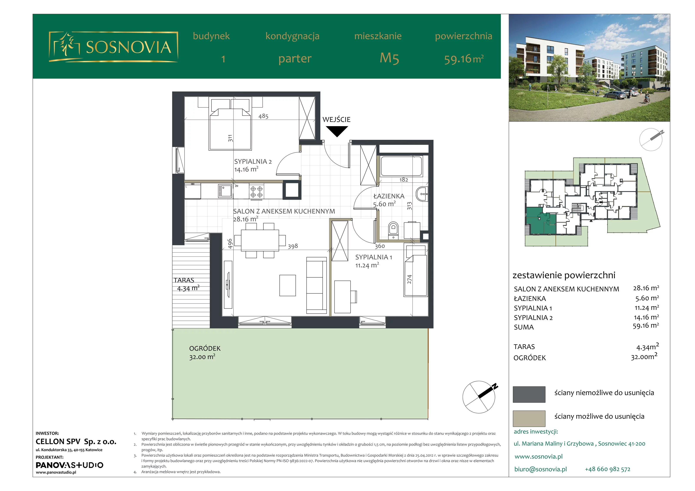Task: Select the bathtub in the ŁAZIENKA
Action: [401, 166]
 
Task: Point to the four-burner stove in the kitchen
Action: [256, 191]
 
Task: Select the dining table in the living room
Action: [260, 240]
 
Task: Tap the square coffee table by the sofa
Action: [288, 285]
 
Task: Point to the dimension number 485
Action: [263, 116]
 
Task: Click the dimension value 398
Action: [293, 246]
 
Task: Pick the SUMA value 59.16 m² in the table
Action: [646, 326]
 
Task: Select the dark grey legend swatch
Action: [529, 394]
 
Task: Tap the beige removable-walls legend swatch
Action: [529, 418]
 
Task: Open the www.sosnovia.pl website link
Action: [538, 456]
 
